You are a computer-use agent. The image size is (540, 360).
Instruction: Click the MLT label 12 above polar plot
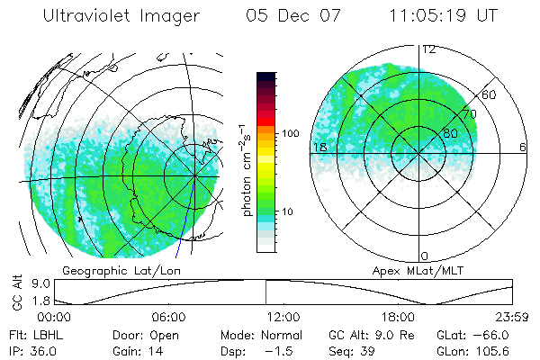click(x=429, y=49)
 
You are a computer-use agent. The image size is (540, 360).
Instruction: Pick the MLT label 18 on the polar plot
click(x=319, y=147)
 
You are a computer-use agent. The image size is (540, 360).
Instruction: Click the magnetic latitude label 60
click(x=489, y=94)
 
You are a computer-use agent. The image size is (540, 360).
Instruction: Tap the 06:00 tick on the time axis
click(x=168, y=317)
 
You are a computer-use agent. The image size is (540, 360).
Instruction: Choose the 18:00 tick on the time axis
click(x=398, y=317)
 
